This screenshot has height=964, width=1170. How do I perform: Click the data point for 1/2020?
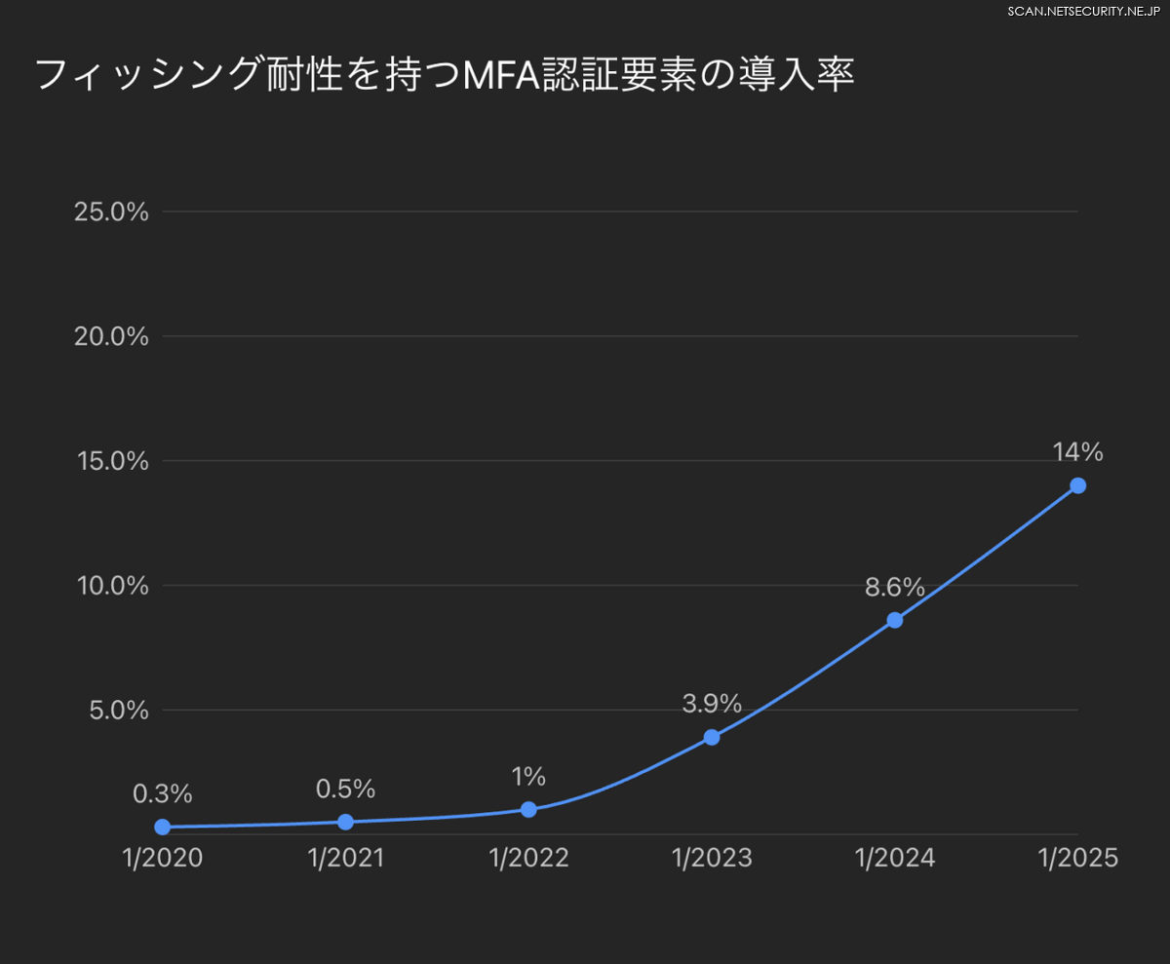(x=163, y=827)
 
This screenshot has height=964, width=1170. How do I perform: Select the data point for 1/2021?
(x=345, y=822)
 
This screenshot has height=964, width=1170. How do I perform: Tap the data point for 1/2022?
(x=528, y=809)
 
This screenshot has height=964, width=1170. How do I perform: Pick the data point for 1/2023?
(x=712, y=737)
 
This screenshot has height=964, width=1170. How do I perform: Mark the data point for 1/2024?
(x=895, y=620)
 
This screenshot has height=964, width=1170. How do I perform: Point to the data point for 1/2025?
(x=1077, y=485)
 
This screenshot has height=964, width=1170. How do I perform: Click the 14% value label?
(x=1077, y=452)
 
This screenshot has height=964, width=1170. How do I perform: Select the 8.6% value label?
(x=894, y=587)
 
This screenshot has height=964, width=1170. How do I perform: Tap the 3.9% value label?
(x=712, y=704)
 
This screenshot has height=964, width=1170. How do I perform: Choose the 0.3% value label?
(x=163, y=794)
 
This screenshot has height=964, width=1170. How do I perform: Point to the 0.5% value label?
(x=345, y=790)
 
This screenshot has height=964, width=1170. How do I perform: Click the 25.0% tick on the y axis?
(x=111, y=212)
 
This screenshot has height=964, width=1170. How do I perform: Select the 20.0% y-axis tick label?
(x=111, y=336)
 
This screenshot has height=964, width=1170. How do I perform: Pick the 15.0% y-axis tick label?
(x=111, y=461)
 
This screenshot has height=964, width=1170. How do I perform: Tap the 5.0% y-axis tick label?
(x=118, y=711)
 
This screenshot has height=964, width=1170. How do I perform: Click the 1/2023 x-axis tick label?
(x=712, y=858)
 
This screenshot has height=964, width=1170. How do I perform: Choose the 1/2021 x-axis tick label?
(x=345, y=858)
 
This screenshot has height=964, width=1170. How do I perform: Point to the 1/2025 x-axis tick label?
(x=1077, y=858)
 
